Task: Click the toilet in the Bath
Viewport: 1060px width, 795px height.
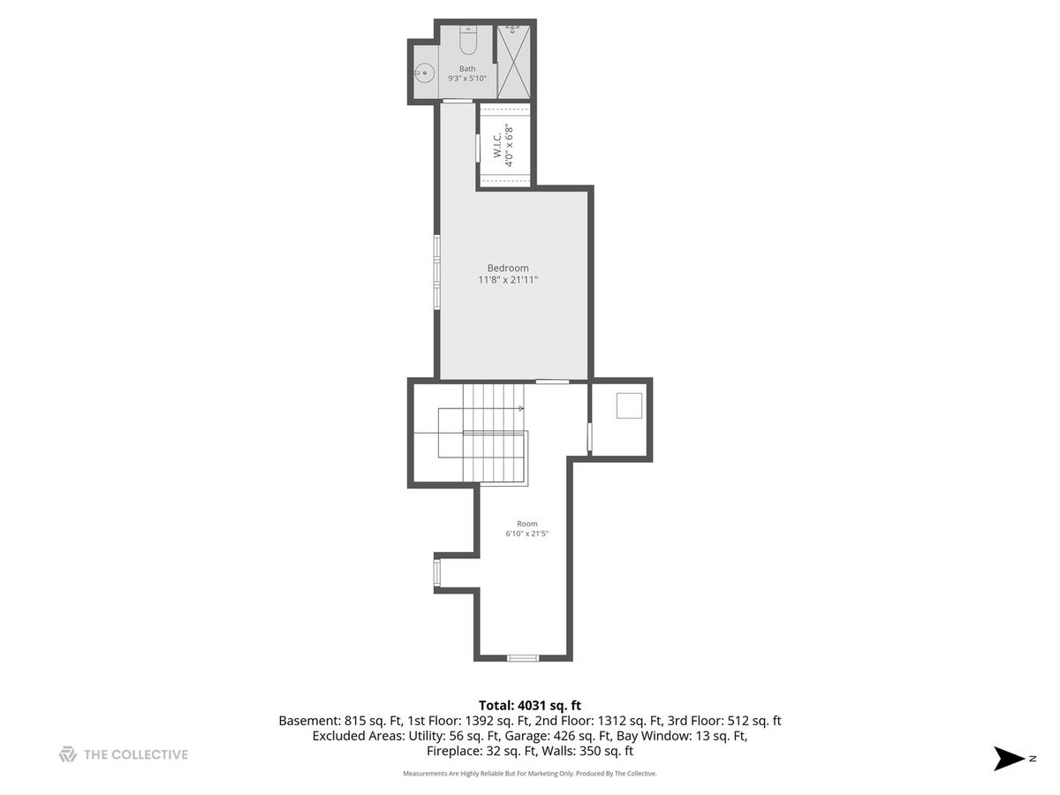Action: point(467,40)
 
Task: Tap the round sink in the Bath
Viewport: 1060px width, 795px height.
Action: point(425,73)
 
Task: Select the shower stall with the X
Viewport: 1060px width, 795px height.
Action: point(513,62)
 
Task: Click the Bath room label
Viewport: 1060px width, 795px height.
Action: point(467,69)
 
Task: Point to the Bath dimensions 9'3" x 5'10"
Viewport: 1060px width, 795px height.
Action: point(467,79)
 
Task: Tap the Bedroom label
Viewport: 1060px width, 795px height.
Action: point(508,268)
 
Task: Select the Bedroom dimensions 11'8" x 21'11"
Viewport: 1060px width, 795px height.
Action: point(508,279)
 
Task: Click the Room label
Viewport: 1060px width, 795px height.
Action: point(526,524)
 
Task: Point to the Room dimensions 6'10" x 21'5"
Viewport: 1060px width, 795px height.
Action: point(526,534)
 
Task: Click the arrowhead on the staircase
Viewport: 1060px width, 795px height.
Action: point(521,409)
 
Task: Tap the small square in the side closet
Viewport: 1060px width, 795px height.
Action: point(629,405)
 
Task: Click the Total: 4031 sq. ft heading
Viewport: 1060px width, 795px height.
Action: point(530,706)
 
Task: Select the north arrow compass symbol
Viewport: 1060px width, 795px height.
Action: point(1009,758)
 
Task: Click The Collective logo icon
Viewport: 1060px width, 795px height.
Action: point(68,754)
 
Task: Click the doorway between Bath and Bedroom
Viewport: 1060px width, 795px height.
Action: point(458,102)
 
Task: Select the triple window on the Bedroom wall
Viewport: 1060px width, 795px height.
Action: point(436,272)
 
